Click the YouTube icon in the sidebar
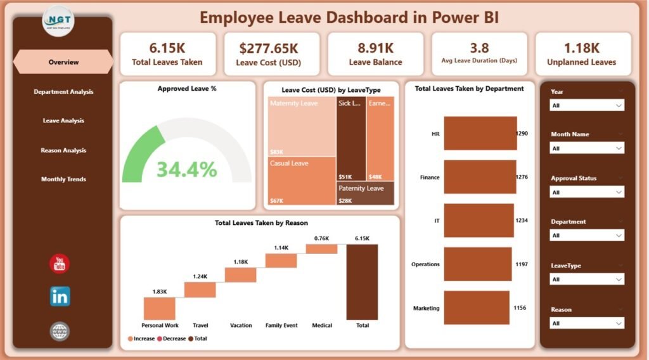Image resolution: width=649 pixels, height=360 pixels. (x=60, y=264)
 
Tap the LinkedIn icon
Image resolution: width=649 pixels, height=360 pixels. (x=60, y=296)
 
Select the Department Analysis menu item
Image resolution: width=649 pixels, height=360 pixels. (x=63, y=92)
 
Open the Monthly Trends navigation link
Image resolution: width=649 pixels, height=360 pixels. (x=63, y=179)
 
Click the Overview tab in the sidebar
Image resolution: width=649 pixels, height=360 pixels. (x=63, y=62)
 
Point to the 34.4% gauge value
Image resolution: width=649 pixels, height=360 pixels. (x=186, y=169)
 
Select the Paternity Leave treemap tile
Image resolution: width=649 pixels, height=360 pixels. (x=365, y=193)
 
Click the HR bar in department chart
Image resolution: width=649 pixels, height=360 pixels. (x=480, y=134)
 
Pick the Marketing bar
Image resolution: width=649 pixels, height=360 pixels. (x=477, y=308)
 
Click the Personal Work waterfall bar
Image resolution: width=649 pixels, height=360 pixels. (x=159, y=308)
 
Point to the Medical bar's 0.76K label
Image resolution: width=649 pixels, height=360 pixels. (x=321, y=238)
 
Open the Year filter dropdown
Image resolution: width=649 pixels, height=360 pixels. (x=587, y=106)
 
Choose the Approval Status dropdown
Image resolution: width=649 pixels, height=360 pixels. (x=587, y=192)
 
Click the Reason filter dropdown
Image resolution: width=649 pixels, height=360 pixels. (x=587, y=323)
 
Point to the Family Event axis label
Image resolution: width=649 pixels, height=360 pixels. (x=281, y=325)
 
